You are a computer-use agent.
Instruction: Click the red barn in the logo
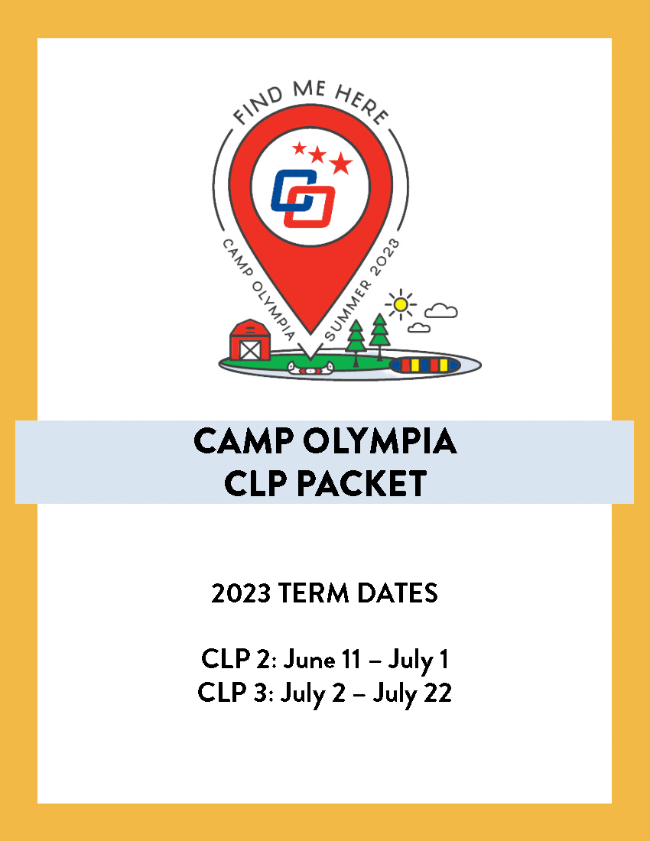point(250,340)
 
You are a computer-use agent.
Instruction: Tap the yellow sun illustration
point(400,304)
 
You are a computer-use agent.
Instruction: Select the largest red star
point(340,163)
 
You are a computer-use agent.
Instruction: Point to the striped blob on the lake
point(424,365)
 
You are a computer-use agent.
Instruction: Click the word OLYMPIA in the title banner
point(380,441)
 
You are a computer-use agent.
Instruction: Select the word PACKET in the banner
point(362,483)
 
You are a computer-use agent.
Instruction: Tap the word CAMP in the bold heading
point(243,441)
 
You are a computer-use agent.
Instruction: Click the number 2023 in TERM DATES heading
point(241,593)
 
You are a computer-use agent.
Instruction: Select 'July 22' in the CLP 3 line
point(412,693)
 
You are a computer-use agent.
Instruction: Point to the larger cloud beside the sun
point(440,310)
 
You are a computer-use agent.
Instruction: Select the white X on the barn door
point(250,350)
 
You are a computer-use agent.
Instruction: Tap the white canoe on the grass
point(310,368)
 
